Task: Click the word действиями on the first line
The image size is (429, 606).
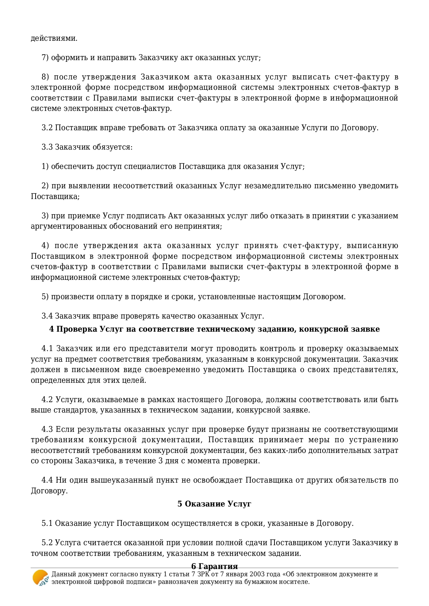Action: coord(54,38)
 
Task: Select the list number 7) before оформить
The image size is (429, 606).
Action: coord(45,58)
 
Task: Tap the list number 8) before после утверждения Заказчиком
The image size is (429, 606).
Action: coord(45,77)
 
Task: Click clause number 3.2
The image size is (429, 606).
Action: coord(47,128)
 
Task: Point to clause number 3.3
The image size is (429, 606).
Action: coord(47,147)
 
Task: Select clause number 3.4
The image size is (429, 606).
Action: coord(47,316)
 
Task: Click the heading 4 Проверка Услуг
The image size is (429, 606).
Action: coord(214,329)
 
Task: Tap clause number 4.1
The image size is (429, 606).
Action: coord(47,348)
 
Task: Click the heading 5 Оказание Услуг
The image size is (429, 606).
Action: coord(214,504)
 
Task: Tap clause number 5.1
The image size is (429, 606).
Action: coord(47,523)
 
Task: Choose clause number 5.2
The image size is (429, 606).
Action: coord(47,542)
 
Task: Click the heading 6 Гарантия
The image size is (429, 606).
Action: coord(214,566)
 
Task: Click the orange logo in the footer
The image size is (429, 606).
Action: coord(40,578)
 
